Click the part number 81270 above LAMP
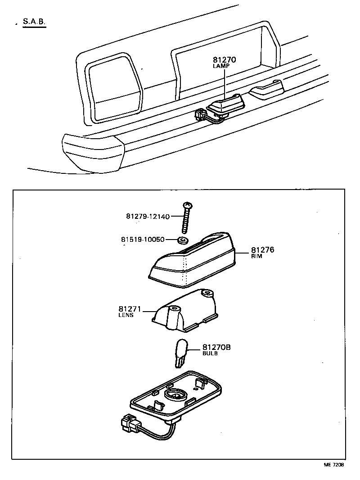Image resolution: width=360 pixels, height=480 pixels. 225,59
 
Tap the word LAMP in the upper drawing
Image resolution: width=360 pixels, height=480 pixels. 221,66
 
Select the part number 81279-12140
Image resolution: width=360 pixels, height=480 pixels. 148,217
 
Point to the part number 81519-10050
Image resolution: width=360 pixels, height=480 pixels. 143,239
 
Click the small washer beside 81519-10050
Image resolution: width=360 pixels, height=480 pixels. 183,240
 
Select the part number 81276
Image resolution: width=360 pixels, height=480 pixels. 263,250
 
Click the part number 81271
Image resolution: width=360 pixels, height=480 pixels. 130,309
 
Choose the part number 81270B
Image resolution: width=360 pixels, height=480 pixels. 216,347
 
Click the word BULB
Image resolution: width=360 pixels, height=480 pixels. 210,353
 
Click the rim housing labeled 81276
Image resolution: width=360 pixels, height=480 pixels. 193,263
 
